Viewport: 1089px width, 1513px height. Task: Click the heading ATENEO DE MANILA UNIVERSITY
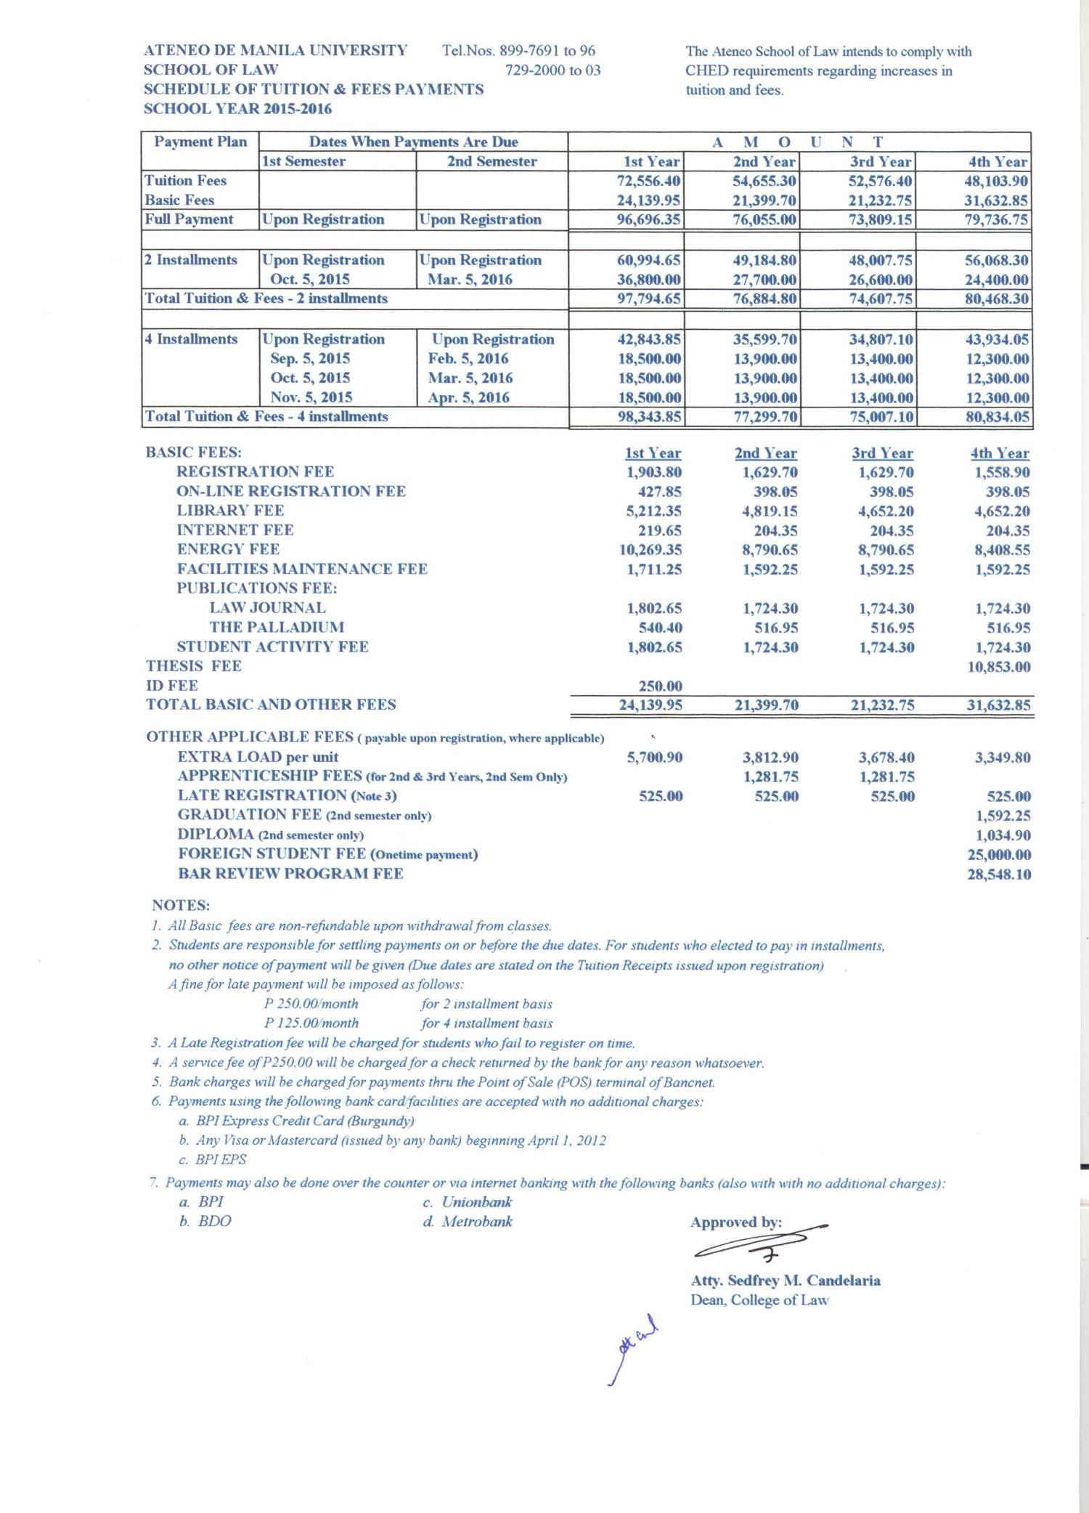click(275, 51)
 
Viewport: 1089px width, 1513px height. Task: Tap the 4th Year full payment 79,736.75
click(996, 219)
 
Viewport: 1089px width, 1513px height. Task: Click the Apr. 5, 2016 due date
click(468, 397)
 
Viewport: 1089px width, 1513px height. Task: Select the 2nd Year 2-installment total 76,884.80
click(764, 299)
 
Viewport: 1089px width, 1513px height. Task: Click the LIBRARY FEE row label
click(230, 511)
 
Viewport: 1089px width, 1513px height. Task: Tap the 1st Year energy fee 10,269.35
click(650, 550)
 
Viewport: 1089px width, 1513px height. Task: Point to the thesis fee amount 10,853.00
click(998, 667)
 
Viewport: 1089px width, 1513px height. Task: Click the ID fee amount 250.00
click(660, 686)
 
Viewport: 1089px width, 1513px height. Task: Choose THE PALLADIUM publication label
click(277, 627)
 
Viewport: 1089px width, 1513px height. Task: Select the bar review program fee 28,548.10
click(998, 875)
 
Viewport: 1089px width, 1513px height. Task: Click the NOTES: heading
click(181, 905)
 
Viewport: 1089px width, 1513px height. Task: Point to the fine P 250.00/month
click(311, 1004)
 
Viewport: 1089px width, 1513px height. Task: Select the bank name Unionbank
click(476, 1202)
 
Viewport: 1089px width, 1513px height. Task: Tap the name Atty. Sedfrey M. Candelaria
click(785, 1281)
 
